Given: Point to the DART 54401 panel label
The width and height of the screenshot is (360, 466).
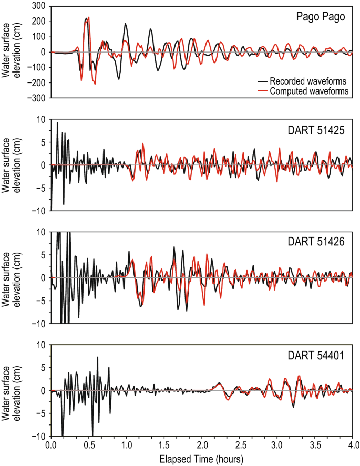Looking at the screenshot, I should pos(319,355).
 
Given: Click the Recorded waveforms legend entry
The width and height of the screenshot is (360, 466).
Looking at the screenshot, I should pos(309,81).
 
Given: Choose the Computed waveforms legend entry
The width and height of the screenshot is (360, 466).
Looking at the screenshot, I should pos(309,91).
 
